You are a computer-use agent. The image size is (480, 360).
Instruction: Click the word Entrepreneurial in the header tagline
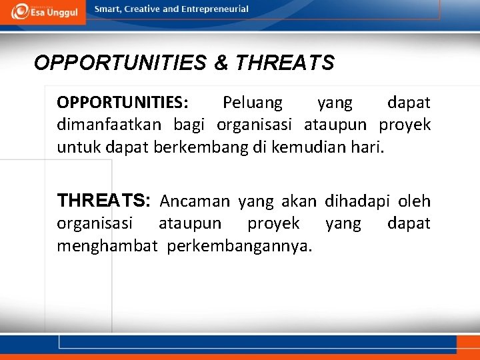click(x=215, y=9)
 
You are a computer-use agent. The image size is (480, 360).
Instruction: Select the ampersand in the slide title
click(x=221, y=63)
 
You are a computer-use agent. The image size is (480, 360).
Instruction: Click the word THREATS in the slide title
click(x=285, y=63)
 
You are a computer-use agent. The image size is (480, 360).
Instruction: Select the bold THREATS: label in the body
click(x=105, y=201)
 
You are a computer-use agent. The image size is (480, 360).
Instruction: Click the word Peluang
click(x=252, y=103)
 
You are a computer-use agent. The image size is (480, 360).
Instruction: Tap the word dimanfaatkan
click(x=111, y=125)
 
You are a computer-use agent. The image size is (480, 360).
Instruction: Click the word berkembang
click(x=196, y=147)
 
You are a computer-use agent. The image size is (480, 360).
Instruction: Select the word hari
click(x=368, y=147)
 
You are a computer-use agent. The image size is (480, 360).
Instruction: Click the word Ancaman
click(x=194, y=201)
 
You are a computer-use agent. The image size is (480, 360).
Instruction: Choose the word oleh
click(x=415, y=201)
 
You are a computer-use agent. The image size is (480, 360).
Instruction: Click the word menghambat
click(x=107, y=247)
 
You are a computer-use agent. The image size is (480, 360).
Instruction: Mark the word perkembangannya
click(x=239, y=247)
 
